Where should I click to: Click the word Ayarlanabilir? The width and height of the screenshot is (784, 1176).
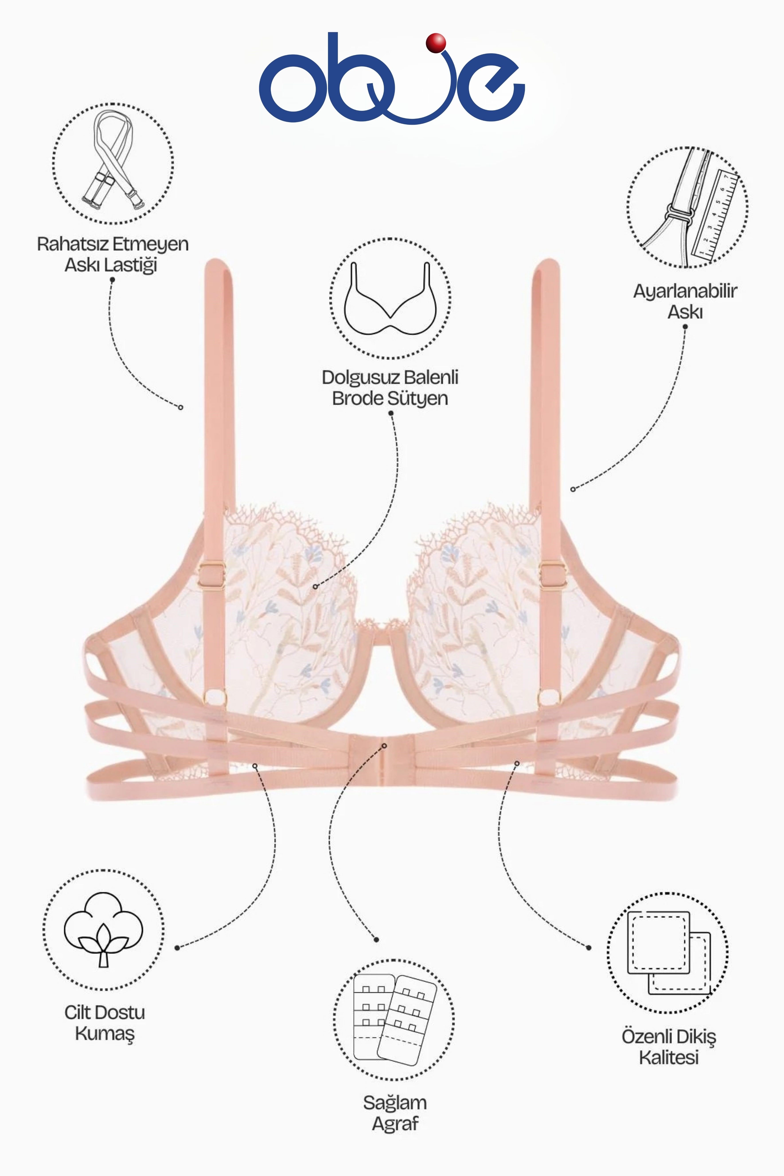tap(685, 292)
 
